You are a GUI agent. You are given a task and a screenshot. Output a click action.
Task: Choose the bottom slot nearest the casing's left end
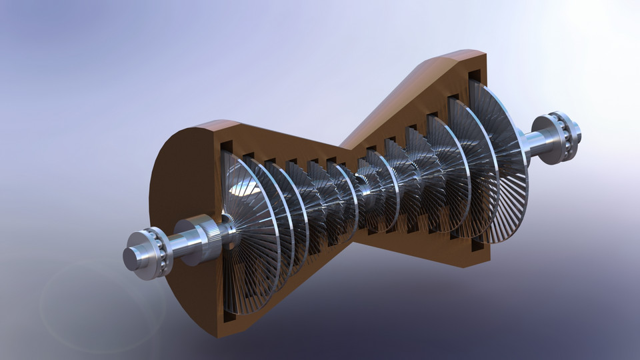coord(229,316)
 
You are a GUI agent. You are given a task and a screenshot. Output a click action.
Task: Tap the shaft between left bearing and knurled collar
coord(176,245)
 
